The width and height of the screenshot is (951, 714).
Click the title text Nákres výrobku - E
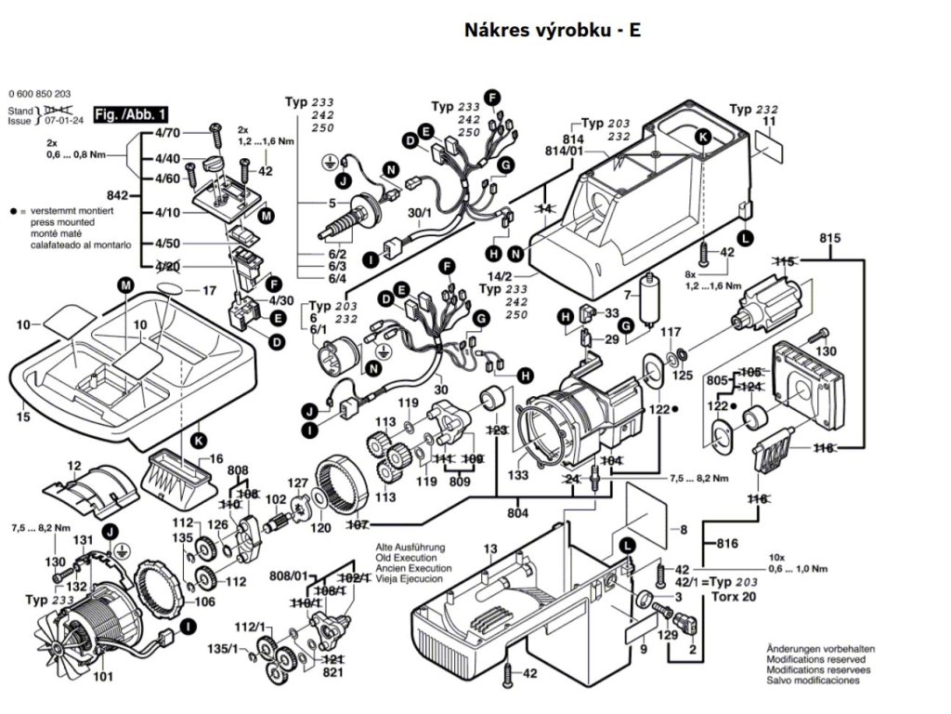(552, 30)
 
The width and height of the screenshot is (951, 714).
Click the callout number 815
(829, 239)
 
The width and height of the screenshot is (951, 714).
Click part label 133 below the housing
(518, 475)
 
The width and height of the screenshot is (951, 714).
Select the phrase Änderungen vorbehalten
(820, 648)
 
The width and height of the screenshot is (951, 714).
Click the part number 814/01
(565, 150)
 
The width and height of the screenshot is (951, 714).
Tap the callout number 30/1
(421, 213)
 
